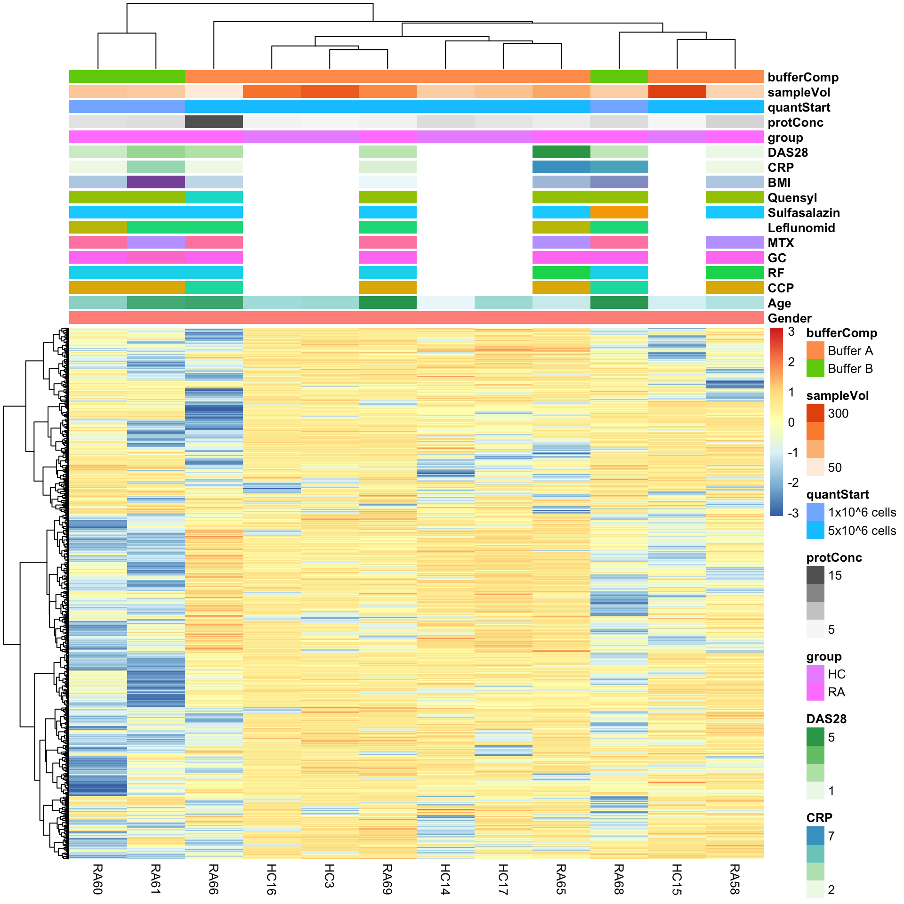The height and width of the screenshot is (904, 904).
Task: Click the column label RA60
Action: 97,879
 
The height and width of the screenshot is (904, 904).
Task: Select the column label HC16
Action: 271,879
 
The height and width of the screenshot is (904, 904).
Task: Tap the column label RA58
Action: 734,879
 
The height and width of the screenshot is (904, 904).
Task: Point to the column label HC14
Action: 445,879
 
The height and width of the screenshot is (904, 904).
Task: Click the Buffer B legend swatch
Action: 815,368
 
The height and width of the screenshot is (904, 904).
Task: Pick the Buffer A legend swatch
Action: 815,350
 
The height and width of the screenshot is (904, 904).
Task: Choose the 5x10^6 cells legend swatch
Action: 815,530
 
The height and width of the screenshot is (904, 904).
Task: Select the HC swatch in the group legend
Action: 815,674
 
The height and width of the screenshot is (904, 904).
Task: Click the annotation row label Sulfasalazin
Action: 803,213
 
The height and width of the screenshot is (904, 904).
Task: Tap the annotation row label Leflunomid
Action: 801,228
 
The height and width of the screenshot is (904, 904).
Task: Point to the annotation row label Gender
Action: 790,318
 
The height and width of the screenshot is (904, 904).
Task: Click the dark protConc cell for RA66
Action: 214,122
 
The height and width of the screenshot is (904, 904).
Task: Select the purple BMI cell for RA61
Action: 156,182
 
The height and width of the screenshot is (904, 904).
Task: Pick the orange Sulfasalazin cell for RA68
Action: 619,212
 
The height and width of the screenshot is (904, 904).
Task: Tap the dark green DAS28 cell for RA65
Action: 561,152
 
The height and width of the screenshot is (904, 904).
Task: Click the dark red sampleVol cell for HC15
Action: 677,92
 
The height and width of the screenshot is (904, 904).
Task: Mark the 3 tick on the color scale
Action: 791,331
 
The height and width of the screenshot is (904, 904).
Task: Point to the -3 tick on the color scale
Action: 793,513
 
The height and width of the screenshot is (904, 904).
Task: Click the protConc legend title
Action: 834,557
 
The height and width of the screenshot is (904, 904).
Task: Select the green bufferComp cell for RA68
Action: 619,77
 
